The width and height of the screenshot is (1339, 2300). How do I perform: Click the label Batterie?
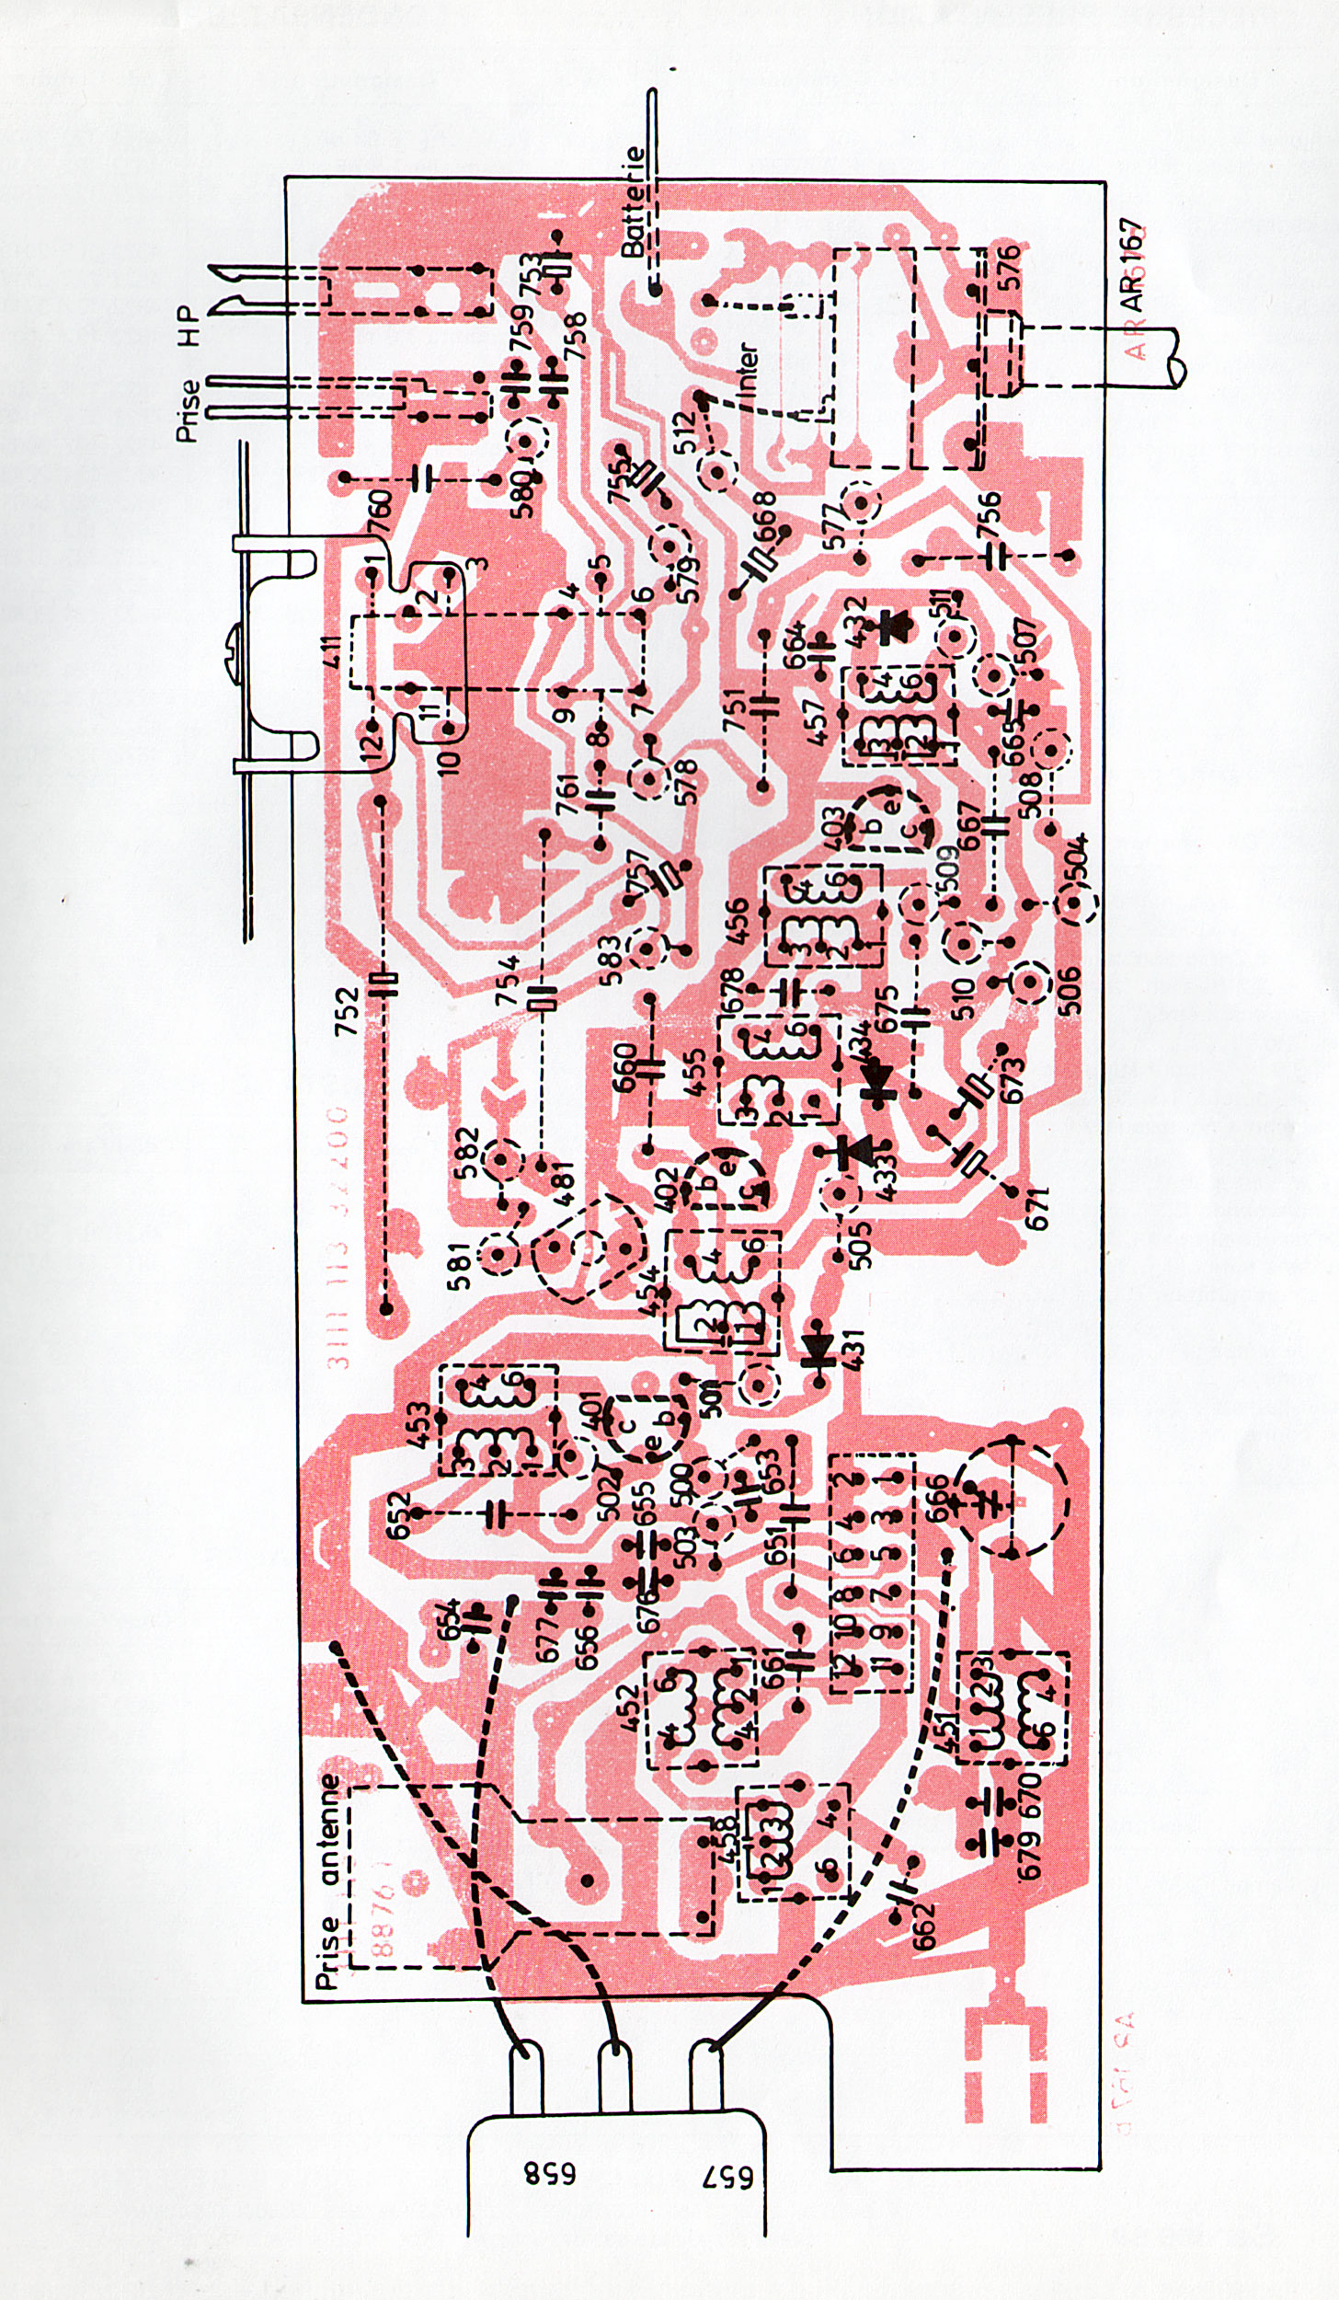(x=634, y=201)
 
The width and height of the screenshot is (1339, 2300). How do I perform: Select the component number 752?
(x=346, y=1012)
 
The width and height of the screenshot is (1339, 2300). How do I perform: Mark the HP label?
(x=189, y=326)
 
